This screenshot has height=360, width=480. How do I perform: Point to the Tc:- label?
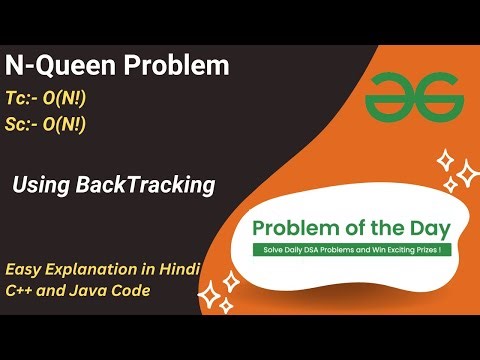pyautogui.click(x=29, y=101)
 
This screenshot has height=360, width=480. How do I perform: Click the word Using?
pyautogui.click(x=42, y=185)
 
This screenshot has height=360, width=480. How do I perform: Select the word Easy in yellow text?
pyautogui.click(x=25, y=270)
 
